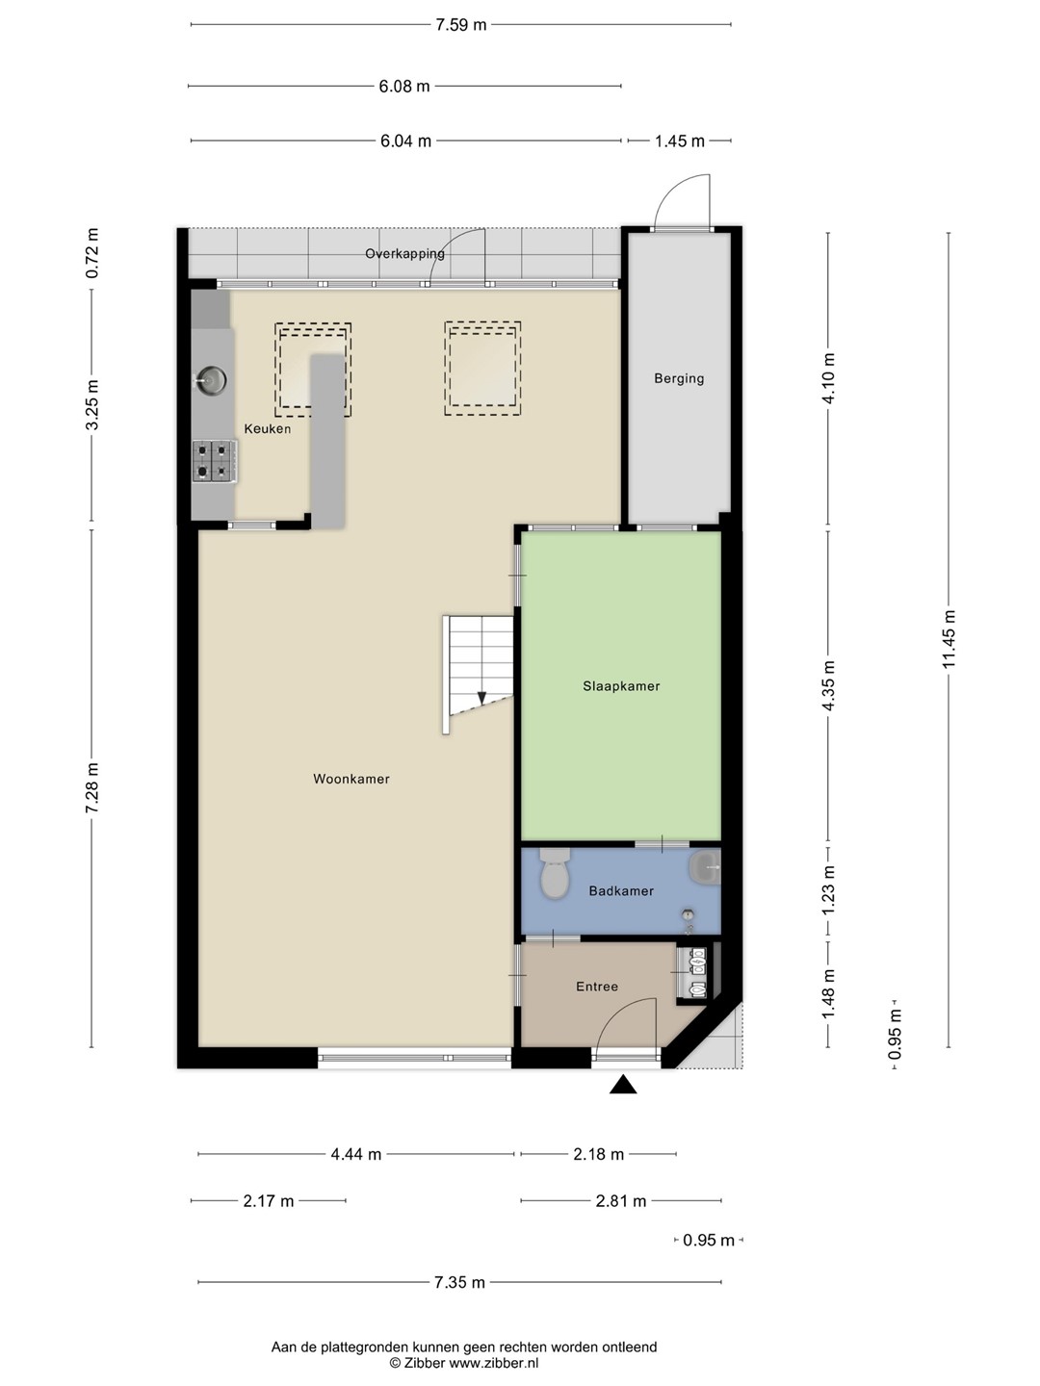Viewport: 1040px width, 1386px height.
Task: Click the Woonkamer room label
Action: pos(351,779)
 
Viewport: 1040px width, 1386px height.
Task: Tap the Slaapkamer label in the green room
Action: pos(621,685)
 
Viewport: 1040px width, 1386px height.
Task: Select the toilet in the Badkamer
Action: pos(555,873)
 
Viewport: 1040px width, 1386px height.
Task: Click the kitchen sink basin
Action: pos(210,380)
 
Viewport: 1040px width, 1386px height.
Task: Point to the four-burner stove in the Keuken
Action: pos(215,461)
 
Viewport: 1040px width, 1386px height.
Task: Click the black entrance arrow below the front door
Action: pos(623,1084)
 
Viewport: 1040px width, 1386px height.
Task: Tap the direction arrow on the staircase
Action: pos(481,698)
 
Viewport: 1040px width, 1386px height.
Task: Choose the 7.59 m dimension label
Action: pos(461,25)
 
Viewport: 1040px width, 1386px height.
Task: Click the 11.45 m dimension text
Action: pos(949,640)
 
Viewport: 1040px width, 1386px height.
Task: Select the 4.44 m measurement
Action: pos(356,1154)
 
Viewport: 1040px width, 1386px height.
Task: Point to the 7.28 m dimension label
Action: pos(92,787)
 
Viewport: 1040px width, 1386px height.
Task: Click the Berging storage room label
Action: pos(679,378)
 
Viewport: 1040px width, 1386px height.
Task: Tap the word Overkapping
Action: pos(404,253)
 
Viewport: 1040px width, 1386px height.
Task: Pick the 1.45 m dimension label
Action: pos(680,141)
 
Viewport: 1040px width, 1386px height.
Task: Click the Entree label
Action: pos(597,987)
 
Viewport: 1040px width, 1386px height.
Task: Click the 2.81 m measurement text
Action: pos(621,1201)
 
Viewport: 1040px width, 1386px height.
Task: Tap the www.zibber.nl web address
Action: pos(494,1363)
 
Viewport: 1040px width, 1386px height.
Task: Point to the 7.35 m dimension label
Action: pos(459,1282)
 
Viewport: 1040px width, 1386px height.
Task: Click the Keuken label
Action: pos(268,428)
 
